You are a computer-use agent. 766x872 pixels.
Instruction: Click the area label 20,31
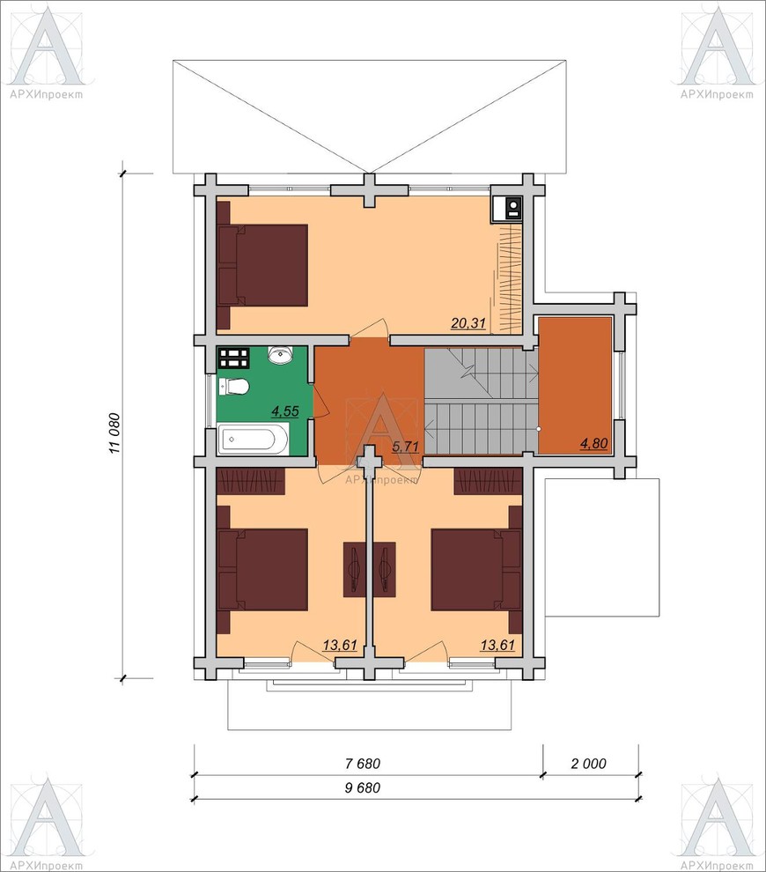(468, 323)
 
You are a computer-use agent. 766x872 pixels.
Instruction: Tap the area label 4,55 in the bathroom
(284, 411)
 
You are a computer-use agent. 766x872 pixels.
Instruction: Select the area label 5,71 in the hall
(405, 446)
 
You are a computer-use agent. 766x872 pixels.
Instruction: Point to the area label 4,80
(593, 443)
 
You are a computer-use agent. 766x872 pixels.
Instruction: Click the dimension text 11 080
(114, 432)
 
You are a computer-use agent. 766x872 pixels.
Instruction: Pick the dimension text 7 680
(363, 764)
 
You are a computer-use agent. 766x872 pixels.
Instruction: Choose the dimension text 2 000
(589, 764)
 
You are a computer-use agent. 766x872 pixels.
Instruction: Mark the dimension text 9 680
(363, 788)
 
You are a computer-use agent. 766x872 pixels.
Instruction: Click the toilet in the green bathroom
(233, 386)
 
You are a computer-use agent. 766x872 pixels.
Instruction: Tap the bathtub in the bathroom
(253, 440)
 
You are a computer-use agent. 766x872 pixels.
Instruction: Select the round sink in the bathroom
(281, 354)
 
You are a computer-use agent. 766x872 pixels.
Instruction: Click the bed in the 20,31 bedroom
(262, 265)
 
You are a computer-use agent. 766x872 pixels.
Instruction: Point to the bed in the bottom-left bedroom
(262, 570)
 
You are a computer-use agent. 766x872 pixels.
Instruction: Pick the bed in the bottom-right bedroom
(476, 570)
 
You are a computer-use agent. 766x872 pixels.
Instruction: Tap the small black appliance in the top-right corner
(506, 209)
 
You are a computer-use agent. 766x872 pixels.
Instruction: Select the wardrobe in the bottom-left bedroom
(250, 481)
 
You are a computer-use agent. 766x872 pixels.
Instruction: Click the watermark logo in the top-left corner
(47, 52)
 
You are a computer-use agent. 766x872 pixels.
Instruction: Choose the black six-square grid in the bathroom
(233, 358)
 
